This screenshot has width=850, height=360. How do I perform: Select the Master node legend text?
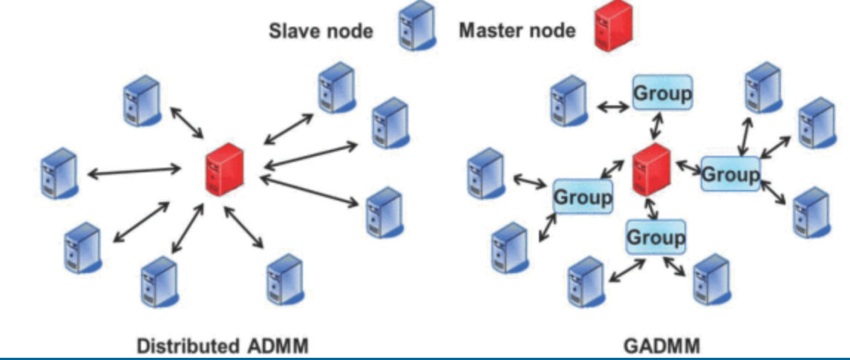point(517,31)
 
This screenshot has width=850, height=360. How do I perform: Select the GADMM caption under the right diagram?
point(657,346)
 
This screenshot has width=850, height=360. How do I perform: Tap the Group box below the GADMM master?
point(656,238)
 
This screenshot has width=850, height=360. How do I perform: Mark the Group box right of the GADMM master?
point(730,175)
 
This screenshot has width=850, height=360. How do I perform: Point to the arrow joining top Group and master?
point(656,128)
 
